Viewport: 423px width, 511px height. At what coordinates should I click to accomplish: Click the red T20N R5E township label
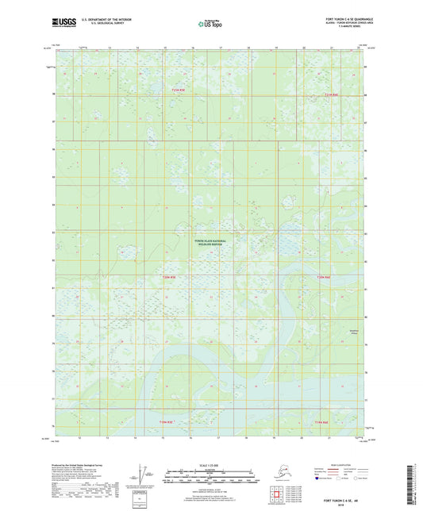point(167,277)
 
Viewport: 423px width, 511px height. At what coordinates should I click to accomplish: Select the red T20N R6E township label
point(324,277)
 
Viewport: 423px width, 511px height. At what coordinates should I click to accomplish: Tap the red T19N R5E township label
point(164,421)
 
